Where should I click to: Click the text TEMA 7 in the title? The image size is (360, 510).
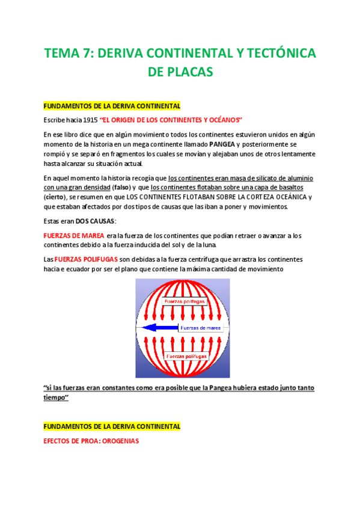67,54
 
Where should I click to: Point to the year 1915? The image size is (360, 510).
88,120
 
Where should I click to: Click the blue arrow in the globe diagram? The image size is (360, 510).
157,328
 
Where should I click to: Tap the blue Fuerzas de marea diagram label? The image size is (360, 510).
201,328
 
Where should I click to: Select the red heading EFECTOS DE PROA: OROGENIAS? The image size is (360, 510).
91,441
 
